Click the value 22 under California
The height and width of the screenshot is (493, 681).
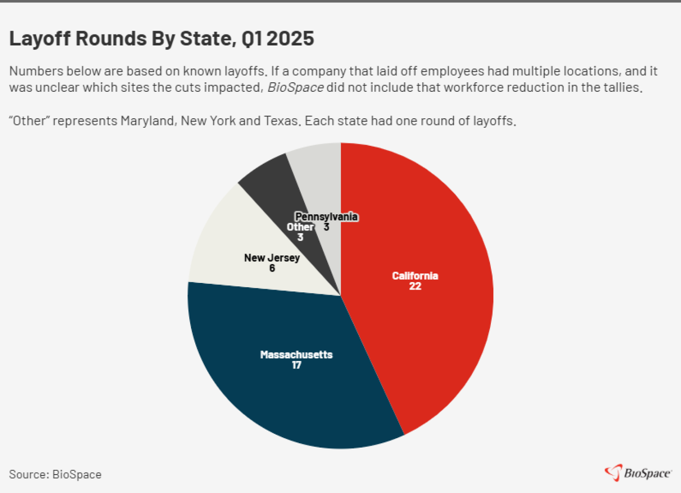[415, 286]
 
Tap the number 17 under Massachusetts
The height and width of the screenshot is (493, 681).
[297, 365]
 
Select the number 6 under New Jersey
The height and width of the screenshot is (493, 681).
[272, 268]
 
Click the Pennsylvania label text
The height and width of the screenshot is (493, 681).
[326, 217]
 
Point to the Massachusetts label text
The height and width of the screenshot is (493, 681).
[297, 355]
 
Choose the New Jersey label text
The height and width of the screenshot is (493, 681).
[272, 258]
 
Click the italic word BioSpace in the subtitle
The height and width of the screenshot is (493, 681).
[296, 88]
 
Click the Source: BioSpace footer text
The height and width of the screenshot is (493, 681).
[55, 475]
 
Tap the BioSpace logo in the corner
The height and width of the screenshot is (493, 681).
[638, 473]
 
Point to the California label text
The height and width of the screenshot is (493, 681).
[415, 276]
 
